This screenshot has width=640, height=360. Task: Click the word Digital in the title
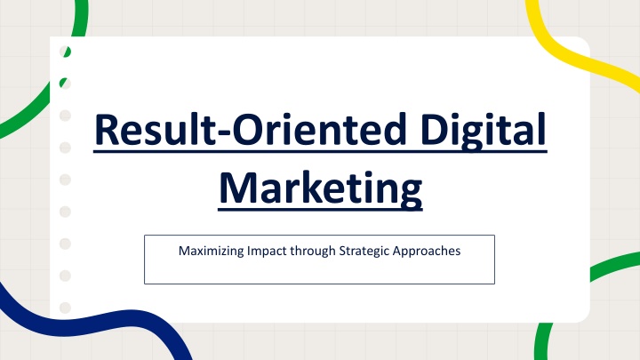pyautogui.click(x=484, y=131)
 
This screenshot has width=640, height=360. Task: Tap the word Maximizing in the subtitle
pyautogui.click(x=212, y=251)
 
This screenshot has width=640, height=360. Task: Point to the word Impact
pyautogui.click(x=267, y=251)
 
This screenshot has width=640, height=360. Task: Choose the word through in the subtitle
pyautogui.click(x=313, y=251)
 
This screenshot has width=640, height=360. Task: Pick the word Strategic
pyautogui.click(x=364, y=251)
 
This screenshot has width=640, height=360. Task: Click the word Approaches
pyautogui.click(x=427, y=251)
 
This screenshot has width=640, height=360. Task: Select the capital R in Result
pyautogui.click(x=108, y=129)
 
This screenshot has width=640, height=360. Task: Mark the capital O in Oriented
pyautogui.click(x=247, y=129)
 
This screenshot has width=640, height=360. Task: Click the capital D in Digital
pyautogui.click(x=435, y=129)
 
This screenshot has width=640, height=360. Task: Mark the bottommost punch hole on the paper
pyautogui.click(x=65, y=308)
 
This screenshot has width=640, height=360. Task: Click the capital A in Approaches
pyautogui.click(x=396, y=250)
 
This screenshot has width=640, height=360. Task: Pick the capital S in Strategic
pyautogui.click(x=342, y=250)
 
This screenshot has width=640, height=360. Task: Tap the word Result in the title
pyautogui.click(x=155, y=129)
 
